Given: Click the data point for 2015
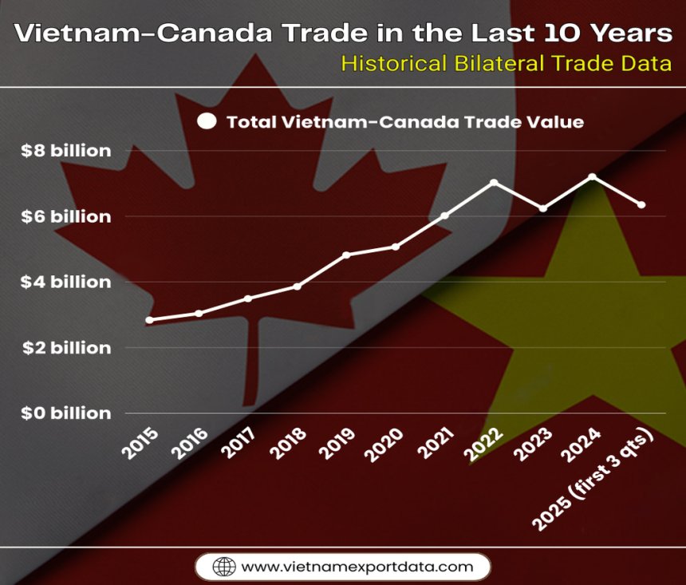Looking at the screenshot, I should (149, 320).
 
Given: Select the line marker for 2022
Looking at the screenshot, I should (494, 183).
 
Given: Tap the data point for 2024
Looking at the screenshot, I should (592, 176).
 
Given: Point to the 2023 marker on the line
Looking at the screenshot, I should (543, 208).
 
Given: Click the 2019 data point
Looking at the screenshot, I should (346, 255).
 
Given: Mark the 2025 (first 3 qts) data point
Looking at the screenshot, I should (641, 205).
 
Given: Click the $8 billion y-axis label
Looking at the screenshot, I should (67, 151).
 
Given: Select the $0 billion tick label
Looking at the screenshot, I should (67, 413).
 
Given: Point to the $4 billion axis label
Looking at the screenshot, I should (67, 282).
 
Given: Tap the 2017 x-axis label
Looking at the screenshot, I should (239, 444).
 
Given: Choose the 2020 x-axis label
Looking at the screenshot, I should (385, 444).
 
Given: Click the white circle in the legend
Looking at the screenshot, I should (207, 122).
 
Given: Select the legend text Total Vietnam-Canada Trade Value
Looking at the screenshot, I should (405, 122).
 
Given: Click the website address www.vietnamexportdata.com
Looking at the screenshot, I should (357, 567).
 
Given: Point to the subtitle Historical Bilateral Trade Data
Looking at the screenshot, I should (506, 64).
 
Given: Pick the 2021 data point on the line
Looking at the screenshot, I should (444, 215).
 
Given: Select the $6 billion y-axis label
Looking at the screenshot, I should (67, 216).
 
